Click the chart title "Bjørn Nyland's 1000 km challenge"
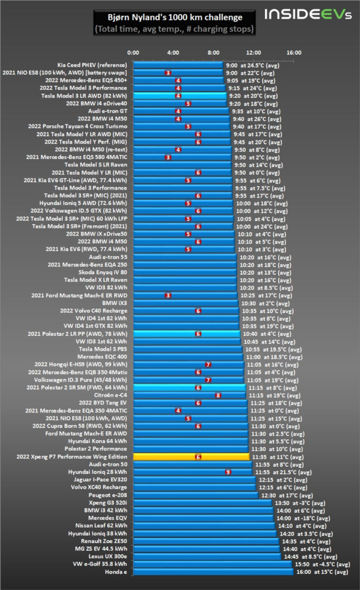pos(176,17)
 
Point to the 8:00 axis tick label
pos(213,53)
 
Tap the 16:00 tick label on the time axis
pos(294,53)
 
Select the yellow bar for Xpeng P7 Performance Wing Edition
pos(190,456)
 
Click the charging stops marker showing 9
pos(228,472)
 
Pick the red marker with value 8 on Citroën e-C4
pos(218,395)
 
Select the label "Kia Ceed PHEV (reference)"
pos(92,65)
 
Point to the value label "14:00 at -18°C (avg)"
pos(304,518)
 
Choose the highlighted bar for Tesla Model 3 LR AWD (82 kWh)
pos(179,96)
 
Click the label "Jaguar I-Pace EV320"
pos(103,479)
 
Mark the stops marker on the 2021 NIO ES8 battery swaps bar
pos(168,73)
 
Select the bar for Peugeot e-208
pos(195,495)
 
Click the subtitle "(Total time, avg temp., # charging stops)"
pos(176,29)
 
